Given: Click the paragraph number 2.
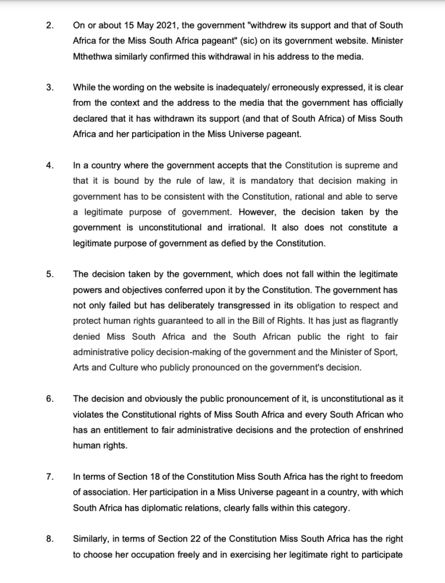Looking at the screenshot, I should click(x=50, y=26).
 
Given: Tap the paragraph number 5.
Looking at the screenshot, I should click(x=50, y=275).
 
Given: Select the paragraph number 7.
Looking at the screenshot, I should click(x=50, y=476).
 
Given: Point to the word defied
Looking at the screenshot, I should click(x=246, y=243).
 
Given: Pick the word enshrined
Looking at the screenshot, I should click(x=378, y=429).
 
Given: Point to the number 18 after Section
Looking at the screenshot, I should click(x=139, y=476).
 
